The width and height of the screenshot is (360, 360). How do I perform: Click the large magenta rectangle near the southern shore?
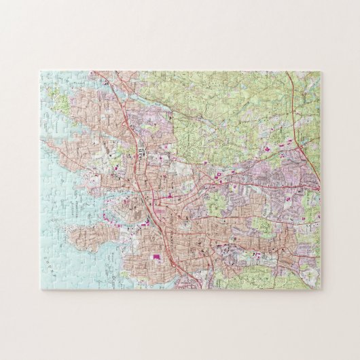158,257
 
